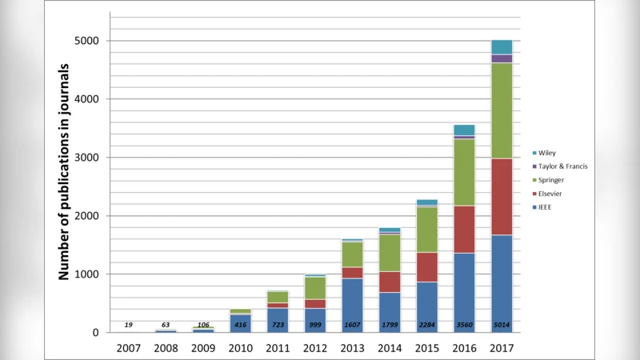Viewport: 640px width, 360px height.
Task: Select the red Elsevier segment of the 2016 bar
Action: click(x=464, y=230)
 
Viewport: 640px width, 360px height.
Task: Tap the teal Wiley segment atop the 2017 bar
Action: click(x=502, y=46)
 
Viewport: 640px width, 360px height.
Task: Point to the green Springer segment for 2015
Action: click(x=427, y=230)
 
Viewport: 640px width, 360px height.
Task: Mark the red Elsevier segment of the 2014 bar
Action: click(x=390, y=282)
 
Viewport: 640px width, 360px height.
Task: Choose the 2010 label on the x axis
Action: click(x=240, y=348)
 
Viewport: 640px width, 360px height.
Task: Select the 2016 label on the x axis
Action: click(x=464, y=348)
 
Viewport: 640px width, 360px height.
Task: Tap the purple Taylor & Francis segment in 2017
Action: click(x=502, y=58)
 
